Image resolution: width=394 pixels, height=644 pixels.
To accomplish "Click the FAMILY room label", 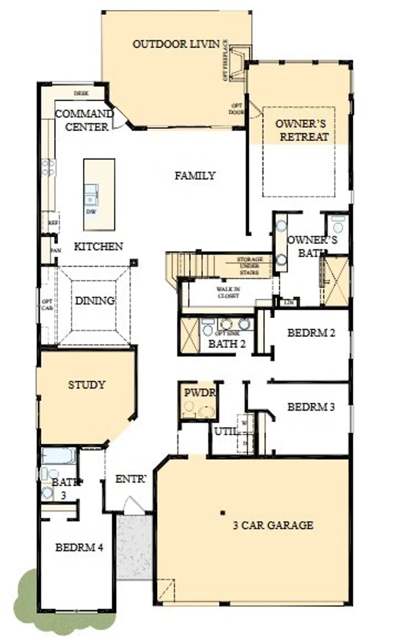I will click(195, 176).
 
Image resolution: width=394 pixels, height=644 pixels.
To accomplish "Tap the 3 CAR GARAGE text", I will click(273, 525).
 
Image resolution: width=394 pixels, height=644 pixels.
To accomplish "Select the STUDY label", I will click(87, 385).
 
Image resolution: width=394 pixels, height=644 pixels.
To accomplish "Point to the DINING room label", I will click(95, 301).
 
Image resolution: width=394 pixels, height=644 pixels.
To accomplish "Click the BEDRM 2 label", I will click(311, 333).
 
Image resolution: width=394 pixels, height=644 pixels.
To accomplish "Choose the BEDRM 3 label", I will click(311, 407).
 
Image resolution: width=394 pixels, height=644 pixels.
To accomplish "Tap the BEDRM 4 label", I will click(79, 547).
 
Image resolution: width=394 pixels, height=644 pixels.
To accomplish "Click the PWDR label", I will click(199, 393).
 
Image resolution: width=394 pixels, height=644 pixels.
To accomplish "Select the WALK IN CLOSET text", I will click(228, 293).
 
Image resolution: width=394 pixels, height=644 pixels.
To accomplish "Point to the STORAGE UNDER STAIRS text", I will click(249, 266).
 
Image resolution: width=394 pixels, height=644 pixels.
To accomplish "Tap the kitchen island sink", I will click(91, 194).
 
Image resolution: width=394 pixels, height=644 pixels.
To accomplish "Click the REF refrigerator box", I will click(53, 223).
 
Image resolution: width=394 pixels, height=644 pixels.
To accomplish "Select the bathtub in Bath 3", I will click(59, 456).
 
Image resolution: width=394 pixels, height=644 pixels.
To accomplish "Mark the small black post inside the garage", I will click(222, 513).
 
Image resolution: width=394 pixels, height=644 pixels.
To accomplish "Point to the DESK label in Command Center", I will click(81, 93).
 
